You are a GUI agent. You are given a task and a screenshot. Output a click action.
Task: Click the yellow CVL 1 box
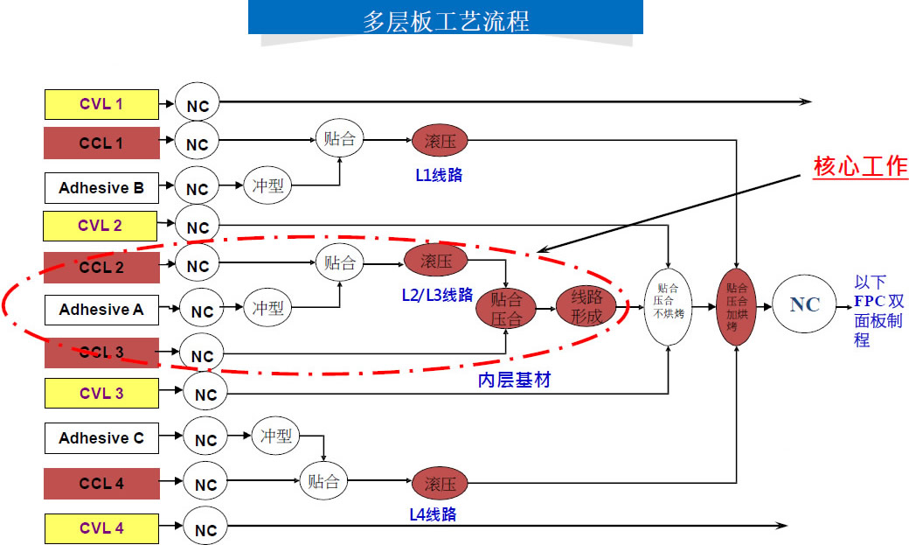pyautogui.click(x=101, y=105)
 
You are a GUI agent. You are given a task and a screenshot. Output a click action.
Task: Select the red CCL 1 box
pyautogui.click(x=101, y=143)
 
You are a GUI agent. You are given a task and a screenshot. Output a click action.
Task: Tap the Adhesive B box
pyautogui.click(x=101, y=188)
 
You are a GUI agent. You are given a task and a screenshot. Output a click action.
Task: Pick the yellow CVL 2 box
pyautogui.click(x=101, y=226)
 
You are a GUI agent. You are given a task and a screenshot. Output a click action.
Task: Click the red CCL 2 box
pyautogui.click(x=101, y=267)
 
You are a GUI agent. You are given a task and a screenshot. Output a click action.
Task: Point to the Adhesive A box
pyautogui.click(x=101, y=310)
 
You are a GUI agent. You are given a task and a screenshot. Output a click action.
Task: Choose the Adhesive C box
pyautogui.click(x=101, y=438)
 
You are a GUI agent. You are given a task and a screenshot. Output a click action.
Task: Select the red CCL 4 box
pyautogui.click(x=101, y=484)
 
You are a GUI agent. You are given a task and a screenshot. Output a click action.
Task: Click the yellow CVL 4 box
pyautogui.click(x=101, y=528)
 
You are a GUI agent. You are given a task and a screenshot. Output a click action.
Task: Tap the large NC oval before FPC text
pyautogui.click(x=804, y=304)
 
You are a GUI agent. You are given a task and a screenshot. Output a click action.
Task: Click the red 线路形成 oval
pyautogui.click(x=586, y=306)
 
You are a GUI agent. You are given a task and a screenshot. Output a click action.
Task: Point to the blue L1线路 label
pyautogui.click(x=439, y=175)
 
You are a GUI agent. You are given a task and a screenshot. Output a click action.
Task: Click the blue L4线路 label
pyautogui.click(x=433, y=515)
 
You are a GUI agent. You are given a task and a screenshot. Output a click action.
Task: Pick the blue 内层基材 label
pyautogui.click(x=514, y=381)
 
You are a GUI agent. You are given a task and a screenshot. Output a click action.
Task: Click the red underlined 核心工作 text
pyautogui.click(x=860, y=166)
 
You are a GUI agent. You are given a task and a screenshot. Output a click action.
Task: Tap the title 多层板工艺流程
pyautogui.click(x=446, y=20)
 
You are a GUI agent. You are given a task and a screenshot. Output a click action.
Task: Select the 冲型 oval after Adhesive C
pyautogui.click(x=276, y=436)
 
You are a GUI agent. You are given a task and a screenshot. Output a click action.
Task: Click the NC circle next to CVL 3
pyautogui.click(x=205, y=395)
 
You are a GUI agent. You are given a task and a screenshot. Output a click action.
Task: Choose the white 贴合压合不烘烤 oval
pyautogui.click(x=668, y=306)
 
